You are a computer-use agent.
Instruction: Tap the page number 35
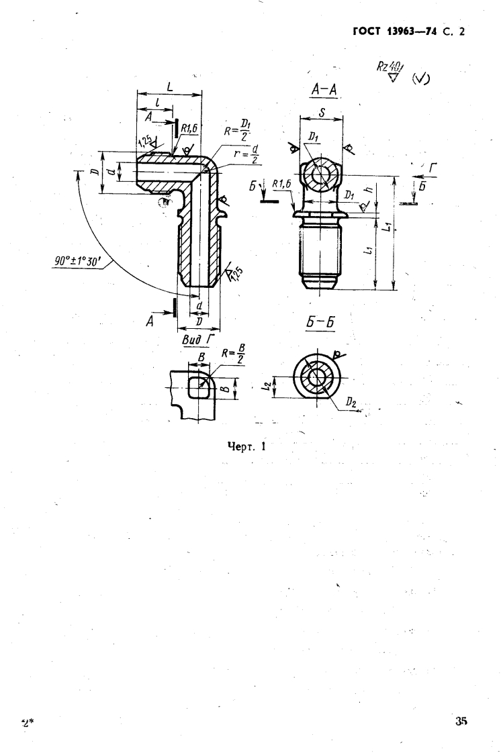[460, 722]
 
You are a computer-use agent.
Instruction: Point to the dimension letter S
[322, 115]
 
